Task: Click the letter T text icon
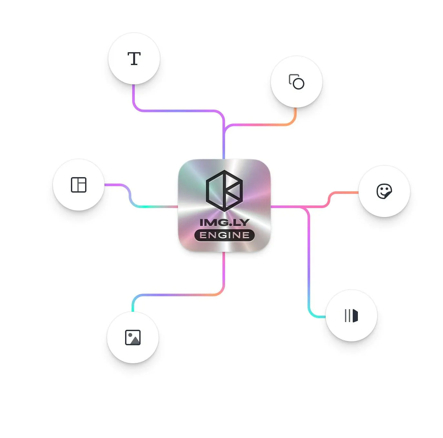134,59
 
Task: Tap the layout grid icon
79,185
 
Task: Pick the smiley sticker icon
384,191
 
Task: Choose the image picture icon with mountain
133,338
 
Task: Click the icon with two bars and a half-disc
351,316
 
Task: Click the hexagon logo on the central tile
224,191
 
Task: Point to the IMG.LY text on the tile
224,222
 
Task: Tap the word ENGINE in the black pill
224,235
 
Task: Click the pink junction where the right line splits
305,207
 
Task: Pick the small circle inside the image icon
130,335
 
